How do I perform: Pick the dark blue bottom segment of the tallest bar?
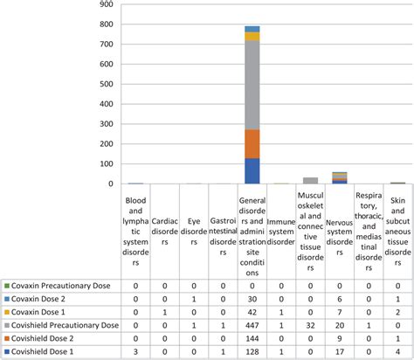[x=252, y=171]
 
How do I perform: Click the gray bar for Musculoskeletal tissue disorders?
[x=310, y=180]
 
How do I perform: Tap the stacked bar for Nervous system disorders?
[x=339, y=178]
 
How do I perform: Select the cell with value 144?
[x=252, y=338]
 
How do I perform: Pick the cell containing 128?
[x=252, y=351]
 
